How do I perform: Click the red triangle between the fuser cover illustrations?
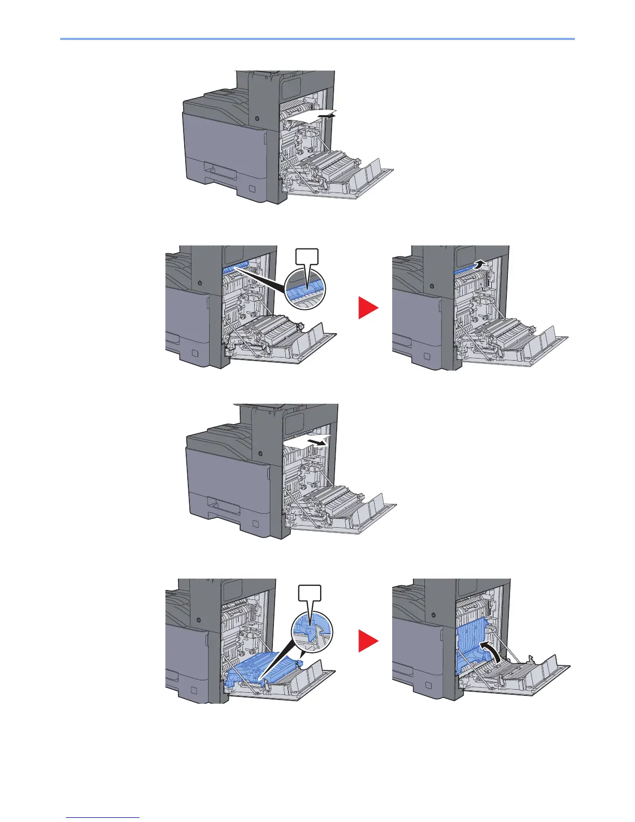point(368,308)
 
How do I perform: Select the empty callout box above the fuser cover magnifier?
point(307,258)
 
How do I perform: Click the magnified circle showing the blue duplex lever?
point(311,628)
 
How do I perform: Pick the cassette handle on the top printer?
point(218,169)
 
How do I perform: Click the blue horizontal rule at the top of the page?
point(317,38)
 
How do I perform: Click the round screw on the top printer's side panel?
point(257,119)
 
